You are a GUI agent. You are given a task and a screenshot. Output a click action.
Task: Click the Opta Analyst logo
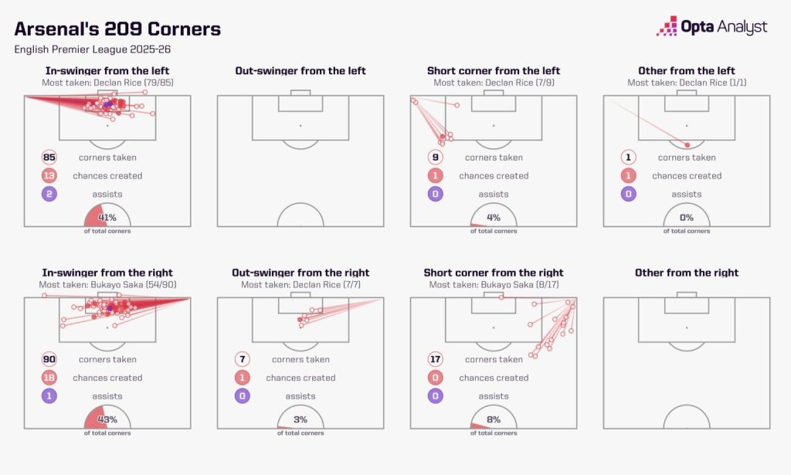(711, 26)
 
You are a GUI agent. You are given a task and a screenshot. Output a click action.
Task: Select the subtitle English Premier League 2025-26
(93, 49)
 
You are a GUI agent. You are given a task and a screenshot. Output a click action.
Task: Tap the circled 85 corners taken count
(49, 158)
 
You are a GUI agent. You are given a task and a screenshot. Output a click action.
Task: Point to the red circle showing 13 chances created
(49, 175)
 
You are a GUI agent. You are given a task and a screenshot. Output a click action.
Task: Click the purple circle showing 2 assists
(49, 194)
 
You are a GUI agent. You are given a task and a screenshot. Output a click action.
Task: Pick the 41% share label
(107, 217)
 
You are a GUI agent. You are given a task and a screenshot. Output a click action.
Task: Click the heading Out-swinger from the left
(300, 70)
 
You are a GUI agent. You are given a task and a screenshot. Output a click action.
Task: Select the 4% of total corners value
(494, 217)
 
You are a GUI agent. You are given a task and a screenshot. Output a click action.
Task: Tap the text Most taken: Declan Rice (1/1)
(687, 83)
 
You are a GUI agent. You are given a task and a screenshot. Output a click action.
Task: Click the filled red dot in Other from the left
(687, 145)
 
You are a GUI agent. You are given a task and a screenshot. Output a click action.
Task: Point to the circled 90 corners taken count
(49, 359)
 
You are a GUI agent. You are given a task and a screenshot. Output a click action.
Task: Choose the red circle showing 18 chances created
(49, 378)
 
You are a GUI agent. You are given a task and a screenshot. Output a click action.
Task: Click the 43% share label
(107, 419)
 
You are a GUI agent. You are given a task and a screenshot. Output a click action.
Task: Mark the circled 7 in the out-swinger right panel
(242, 359)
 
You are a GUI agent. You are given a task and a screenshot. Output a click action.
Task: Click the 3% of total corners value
(300, 419)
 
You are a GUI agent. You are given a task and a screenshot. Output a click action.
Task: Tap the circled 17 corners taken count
(436, 359)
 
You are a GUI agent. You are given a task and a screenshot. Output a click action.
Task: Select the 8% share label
(494, 419)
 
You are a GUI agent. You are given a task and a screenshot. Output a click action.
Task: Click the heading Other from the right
(687, 273)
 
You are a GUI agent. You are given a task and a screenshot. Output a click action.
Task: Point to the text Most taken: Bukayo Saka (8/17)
(494, 285)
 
